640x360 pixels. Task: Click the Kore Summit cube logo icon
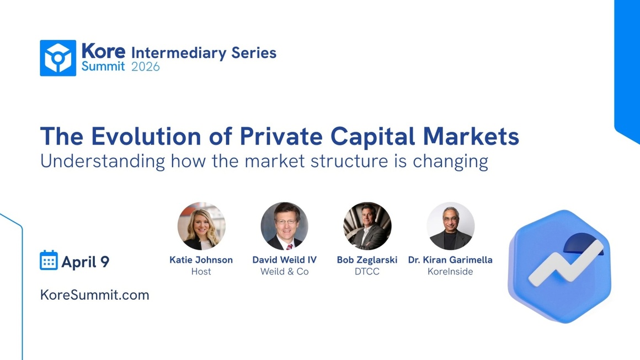(58, 58)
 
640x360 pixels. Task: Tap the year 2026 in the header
(146, 67)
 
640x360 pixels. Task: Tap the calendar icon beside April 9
(49, 260)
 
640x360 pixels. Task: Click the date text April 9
(86, 261)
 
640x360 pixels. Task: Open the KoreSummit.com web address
(95, 295)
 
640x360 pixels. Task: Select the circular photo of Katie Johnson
(201, 226)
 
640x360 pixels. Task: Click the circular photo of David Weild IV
(284, 226)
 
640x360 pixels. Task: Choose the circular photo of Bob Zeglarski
(367, 226)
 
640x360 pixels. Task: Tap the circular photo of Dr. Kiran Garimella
(450, 226)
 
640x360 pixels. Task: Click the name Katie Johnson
(201, 260)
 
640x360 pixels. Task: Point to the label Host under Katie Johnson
(201, 271)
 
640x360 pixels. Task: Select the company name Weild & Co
(284, 271)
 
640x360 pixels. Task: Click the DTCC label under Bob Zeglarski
(367, 271)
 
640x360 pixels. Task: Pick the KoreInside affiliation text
(450, 271)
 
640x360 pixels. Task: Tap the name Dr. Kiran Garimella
(450, 260)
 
